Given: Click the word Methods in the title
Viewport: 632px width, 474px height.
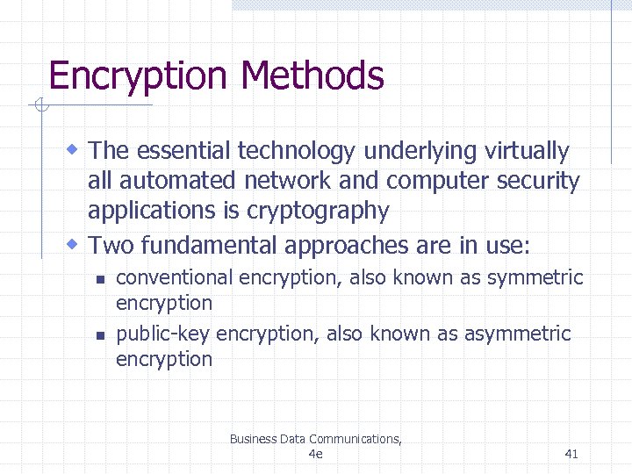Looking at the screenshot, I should [312, 75].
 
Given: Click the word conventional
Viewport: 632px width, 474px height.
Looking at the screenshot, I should [174, 278].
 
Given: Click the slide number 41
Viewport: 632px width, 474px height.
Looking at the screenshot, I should [571, 454].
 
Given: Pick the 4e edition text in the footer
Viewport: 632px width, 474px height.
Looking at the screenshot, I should [316, 454].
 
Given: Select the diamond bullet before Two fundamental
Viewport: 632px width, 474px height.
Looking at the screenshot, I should [75, 241].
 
